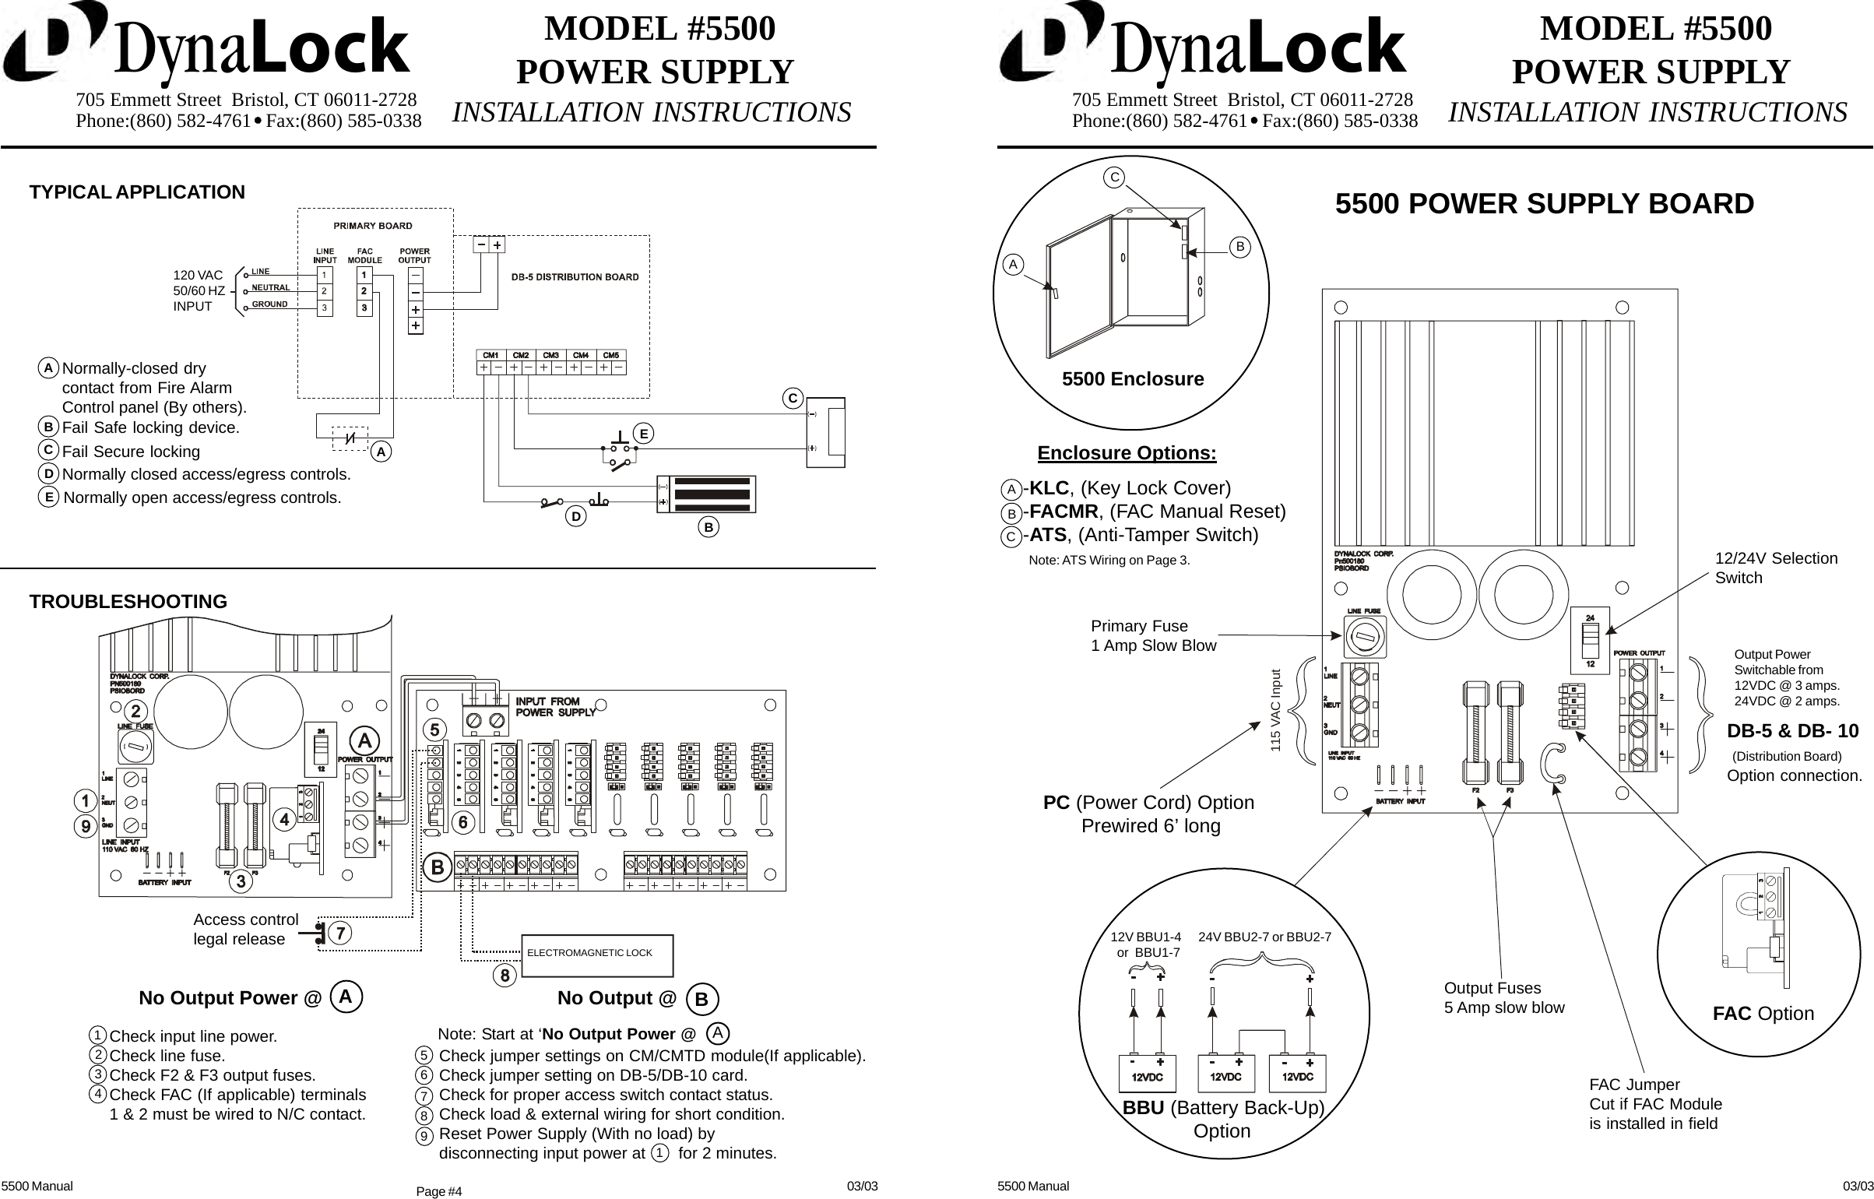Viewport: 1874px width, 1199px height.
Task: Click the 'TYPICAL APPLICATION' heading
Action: click(x=137, y=192)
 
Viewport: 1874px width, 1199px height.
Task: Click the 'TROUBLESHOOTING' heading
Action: click(x=128, y=602)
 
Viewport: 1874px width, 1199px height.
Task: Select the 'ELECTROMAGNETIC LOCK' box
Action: click(x=596, y=954)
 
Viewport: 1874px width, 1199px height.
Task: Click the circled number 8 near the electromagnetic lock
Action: click(x=505, y=975)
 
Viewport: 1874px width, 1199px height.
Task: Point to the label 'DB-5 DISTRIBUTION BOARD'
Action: click(x=575, y=277)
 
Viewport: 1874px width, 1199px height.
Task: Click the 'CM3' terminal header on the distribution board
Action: click(x=550, y=356)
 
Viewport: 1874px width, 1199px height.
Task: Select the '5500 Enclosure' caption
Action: click(x=1133, y=379)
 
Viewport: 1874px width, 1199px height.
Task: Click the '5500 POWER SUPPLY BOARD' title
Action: click(x=1545, y=204)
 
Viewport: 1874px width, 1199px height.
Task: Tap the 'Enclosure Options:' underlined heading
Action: click(x=1127, y=453)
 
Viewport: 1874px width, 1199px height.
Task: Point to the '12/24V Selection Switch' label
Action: click(x=1776, y=568)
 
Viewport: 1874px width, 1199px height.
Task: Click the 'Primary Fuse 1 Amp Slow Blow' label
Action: click(x=1152, y=635)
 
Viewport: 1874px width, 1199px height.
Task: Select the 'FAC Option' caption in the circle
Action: click(x=1763, y=1014)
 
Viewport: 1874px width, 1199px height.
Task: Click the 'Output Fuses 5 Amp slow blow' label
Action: click(x=1503, y=997)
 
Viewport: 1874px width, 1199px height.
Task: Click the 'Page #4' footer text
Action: click(x=439, y=1191)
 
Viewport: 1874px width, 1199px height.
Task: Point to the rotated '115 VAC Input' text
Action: click(x=1275, y=710)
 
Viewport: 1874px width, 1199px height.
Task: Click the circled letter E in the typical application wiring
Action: click(x=642, y=433)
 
